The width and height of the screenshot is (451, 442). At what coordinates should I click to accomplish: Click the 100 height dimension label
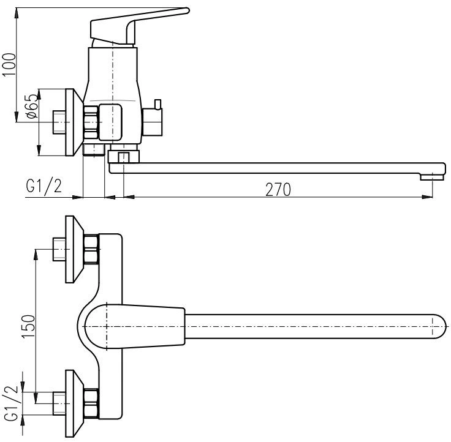pos(9,65)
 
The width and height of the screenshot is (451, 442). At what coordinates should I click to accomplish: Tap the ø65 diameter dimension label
pos(32,107)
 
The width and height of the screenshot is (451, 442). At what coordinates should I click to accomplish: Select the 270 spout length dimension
pos(278,190)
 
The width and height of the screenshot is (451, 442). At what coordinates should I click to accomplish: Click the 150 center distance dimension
pos(28,326)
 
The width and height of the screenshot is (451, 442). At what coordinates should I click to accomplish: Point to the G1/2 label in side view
pos(44,185)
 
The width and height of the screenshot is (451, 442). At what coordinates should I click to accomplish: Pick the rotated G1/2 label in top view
pos(12,403)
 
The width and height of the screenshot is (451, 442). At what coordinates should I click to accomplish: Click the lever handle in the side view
pos(140,26)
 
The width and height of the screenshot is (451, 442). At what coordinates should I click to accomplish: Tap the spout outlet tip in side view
pos(432,177)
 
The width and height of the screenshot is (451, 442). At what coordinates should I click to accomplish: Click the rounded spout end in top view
pos(439,326)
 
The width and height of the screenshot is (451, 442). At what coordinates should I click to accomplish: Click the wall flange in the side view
pos(74,122)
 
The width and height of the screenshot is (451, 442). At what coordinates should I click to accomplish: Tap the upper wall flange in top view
pos(74,249)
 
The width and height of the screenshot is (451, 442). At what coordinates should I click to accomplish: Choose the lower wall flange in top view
pos(74,403)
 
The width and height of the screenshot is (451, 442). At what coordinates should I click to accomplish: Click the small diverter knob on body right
pos(158,104)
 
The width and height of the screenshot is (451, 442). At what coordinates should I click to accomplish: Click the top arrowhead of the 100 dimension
pos(17,13)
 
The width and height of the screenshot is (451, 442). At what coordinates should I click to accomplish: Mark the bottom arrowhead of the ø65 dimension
pos(39,151)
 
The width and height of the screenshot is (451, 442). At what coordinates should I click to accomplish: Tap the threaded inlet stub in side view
pos(59,122)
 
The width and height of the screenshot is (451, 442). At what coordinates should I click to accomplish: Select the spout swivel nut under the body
pos(124,156)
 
